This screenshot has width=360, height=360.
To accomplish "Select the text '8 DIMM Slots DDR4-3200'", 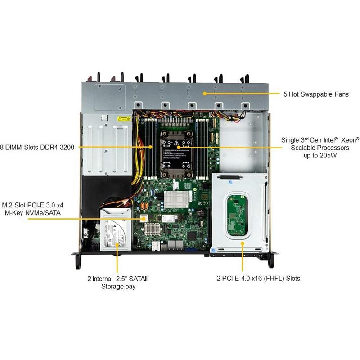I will [37, 147].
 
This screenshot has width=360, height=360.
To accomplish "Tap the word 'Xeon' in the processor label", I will [350, 140].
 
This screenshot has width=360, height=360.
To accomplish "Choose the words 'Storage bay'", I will [118, 286].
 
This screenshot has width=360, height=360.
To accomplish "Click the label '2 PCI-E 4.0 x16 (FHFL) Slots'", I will [258, 279].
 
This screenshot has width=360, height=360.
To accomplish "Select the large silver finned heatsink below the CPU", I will [175, 199].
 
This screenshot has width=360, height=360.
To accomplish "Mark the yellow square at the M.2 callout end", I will [144, 218].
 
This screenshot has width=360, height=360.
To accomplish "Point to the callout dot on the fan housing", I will [205, 94].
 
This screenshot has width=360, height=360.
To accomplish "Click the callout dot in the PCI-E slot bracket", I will [243, 243].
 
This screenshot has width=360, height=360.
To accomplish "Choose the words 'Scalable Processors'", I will [320, 148].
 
